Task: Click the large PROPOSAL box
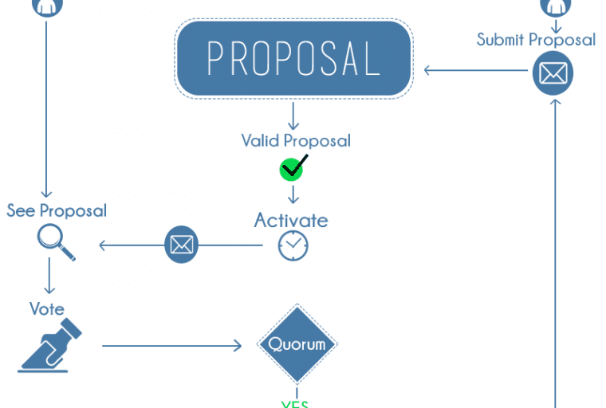point(293,59)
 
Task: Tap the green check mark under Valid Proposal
point(293,168)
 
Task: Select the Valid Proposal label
point(296,141)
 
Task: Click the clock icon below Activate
point(293,245)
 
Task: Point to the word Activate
point(291,220)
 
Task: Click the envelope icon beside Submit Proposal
point(553,74)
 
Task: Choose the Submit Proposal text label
point(536,40)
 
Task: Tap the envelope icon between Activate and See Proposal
point(181,245)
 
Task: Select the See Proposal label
point(57,211)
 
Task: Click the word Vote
point(46,308)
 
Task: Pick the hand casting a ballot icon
point(51,346)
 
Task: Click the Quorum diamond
point(297,344)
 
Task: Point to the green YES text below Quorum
point(295,403)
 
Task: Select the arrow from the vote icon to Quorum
point(171,346)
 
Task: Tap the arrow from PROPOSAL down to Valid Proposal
point(293,116)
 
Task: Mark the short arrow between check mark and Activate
point(293,194)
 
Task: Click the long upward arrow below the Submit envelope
point(554,255)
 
